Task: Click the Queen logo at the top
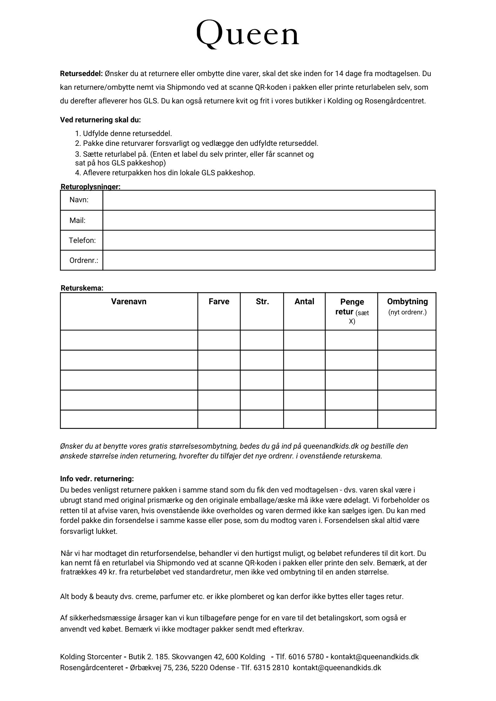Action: [248, 34]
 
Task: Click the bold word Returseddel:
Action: [81, 74]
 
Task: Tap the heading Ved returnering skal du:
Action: [100, 120]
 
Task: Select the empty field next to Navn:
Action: [269, 200]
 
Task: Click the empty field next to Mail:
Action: [269, 220]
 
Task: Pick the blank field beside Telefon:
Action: [269, 240]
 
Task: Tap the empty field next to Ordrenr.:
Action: [269, 260]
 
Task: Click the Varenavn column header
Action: [129, 301]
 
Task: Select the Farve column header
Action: [219, 301]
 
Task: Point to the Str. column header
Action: [262, 301]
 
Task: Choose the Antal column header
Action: [304, 301]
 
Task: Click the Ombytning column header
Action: [407, 301]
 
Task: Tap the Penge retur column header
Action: [352, 307]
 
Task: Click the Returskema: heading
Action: [82, 288]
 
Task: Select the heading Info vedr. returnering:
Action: [97, 479]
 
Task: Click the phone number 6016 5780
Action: [306, 657]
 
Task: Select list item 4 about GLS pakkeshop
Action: [165, 173]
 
